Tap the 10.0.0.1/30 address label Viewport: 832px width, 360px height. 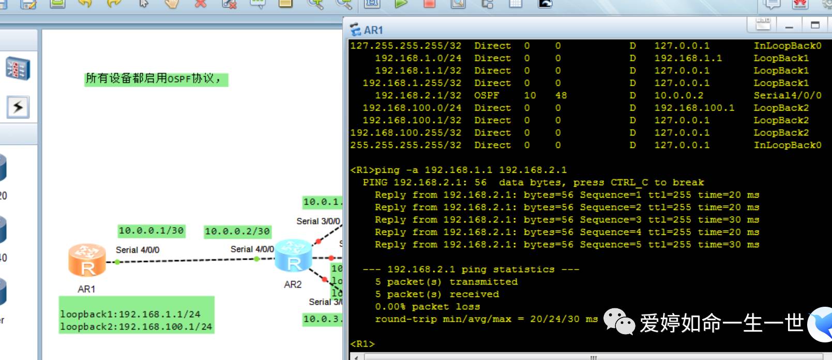pos(151,231)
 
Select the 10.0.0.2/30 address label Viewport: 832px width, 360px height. pos(237,231)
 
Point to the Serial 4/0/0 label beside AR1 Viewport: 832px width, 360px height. pos(138,250)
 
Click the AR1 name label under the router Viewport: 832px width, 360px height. pos(86,289)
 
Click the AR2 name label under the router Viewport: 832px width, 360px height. pos(293,284)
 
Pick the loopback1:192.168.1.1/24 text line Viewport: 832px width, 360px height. pos(130,314)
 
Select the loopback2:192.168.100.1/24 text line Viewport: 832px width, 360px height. pos(135,327)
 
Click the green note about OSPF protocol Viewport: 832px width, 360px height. pos(155,79)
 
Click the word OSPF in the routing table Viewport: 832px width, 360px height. pos(487,96)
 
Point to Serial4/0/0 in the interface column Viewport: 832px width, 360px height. pos(787,96)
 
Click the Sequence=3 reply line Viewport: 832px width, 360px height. pos(567,220)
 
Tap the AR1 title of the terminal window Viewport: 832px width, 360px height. pos(373,30)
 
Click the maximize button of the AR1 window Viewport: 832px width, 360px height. pos(815,25)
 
